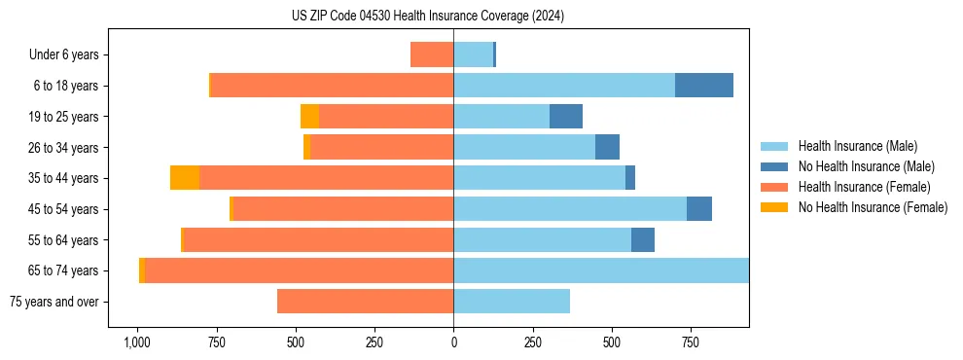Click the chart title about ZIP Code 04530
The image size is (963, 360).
coord(428,17)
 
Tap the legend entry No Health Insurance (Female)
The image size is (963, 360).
coord(873,207)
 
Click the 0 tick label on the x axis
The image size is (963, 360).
coord(453,343)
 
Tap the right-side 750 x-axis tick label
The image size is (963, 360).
coord(691,343)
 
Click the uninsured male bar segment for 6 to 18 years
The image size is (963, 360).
coord(704,86)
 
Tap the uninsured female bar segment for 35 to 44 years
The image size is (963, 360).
coord(185,178)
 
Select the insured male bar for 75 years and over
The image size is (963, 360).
coord(512,302)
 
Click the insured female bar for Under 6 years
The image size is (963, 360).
coord(432,54)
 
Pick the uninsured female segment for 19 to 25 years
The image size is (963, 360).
coord(309,117)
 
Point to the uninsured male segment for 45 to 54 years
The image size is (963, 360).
coord(699,209)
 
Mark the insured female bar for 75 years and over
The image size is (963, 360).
coord(365,302)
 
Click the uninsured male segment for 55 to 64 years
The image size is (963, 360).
coord(643,240)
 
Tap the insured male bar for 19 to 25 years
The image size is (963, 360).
coord(501,117)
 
